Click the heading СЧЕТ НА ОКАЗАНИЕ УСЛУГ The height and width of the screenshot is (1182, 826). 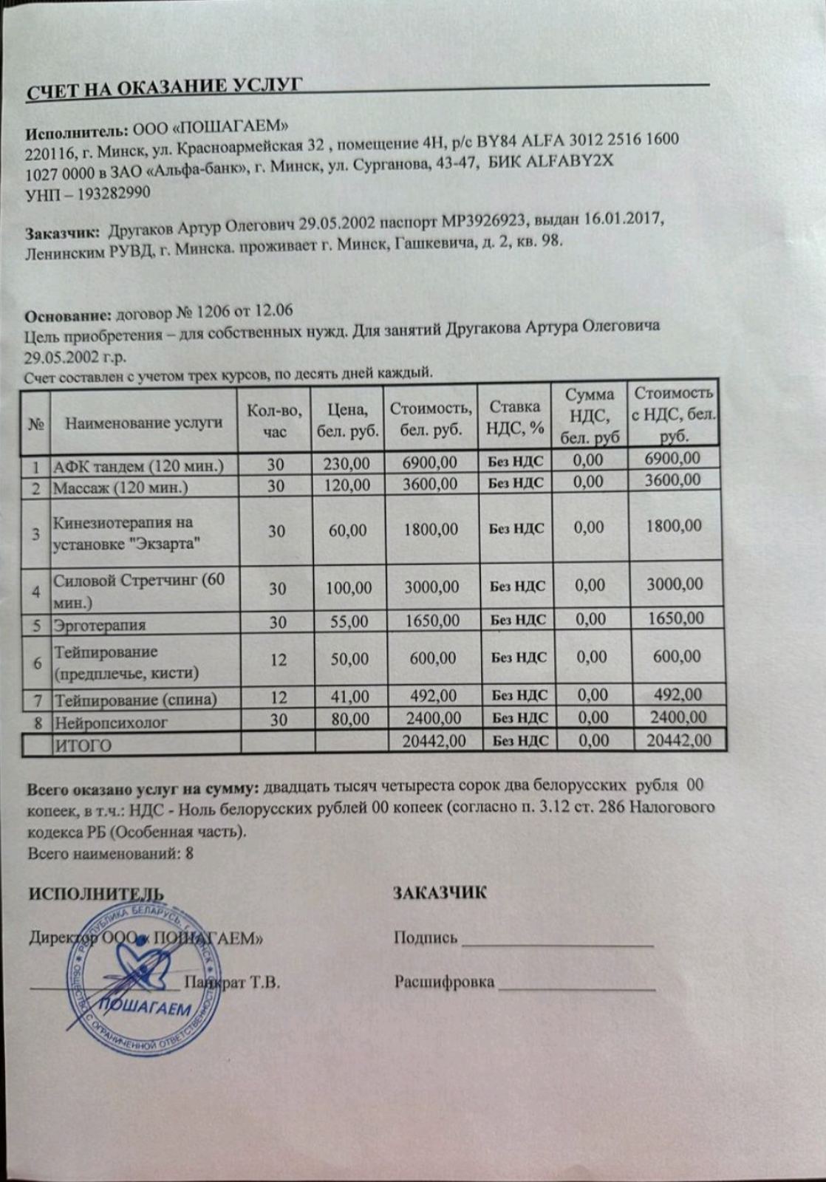pyautogui.click(x=164, y=87)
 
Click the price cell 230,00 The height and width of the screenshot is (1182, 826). pyautogui.click(x=347, y=463)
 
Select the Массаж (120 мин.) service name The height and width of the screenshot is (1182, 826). pyautogui.click(x=120, y=488)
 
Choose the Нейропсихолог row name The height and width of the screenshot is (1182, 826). pyautogui.click(x=110, y=722)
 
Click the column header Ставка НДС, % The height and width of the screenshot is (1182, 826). pyautogui.click(x=515, y=417)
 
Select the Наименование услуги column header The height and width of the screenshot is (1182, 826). pyautogui.click(x=143, y=423)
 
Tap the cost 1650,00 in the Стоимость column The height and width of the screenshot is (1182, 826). pyautogui.click(x=432, y=621)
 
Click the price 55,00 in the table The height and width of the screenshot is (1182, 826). pyautogui.click(x=349, y=622)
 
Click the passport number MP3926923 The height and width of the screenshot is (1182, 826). pyautogui.click(x=483, y=221)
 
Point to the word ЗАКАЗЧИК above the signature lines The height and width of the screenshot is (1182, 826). pyautogui.click(x=440, y=892)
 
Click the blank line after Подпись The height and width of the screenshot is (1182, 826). pyautogui.click(x=557, y=943)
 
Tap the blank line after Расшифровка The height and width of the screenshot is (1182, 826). pyautogui.click(x=576, y=986)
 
